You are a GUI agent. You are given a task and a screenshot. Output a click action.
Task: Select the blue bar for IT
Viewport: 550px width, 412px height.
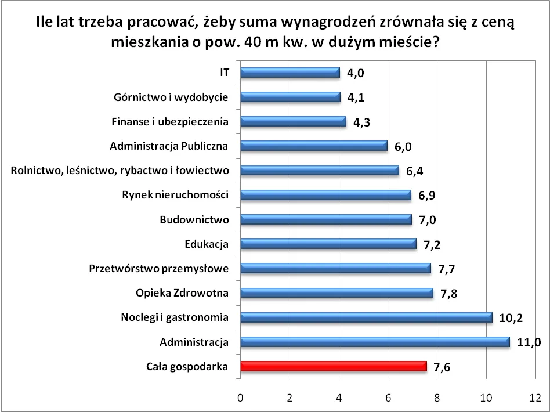click(290, 73)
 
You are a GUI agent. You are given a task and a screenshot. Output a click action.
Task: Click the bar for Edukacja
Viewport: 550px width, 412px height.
click(328, 244)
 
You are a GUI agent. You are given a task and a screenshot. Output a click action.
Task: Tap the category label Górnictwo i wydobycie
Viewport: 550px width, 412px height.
click(171, 97)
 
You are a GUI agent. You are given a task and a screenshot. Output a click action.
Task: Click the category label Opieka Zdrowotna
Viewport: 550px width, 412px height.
click(182, 293)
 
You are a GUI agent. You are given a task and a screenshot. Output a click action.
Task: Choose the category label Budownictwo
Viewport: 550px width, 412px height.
click(194, 219)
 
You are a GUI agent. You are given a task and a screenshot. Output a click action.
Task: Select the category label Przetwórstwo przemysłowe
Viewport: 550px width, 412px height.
click(159, 268)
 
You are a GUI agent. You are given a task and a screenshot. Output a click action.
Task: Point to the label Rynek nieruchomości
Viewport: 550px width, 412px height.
click(175, 195)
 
